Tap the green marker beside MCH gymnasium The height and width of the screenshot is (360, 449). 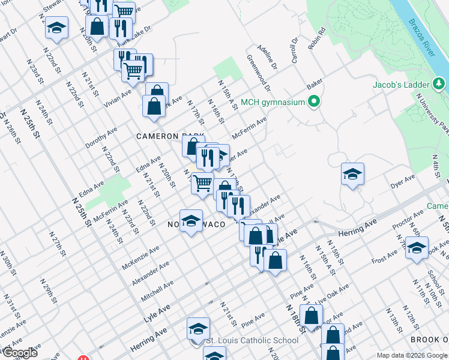click(x=313, y=102)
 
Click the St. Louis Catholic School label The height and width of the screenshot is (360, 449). click(x=252, y=340)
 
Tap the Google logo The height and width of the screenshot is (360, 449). click(x=19, y=353)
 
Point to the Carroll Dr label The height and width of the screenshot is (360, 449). click(x=294, y=51)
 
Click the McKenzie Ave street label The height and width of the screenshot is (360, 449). click(x=140, y=257)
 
